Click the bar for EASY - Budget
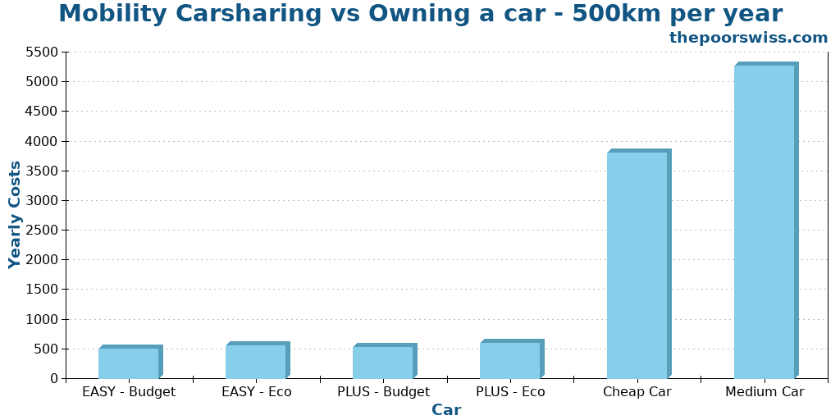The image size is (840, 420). tap(129, 363)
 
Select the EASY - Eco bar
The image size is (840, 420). tap(256, 361)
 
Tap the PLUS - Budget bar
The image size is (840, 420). tap(383, 362)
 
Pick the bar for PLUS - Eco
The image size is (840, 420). tap(510, 360)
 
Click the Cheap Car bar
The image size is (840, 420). tap(637, 265)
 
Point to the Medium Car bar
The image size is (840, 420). tap(765, 221)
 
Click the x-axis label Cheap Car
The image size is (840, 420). tap(637, 392)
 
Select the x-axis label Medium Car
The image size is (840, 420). tap(765, 392)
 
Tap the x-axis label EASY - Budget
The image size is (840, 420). tap(129, 392)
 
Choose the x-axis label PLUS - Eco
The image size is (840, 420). tap(510, 392)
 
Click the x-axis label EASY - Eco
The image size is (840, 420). tap(256, 392)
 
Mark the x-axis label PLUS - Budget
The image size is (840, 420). tap(383, 392)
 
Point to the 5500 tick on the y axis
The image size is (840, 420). tap(42, 52)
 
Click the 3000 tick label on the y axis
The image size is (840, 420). tap(42, 200)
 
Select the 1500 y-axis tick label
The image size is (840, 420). tap(42, 290)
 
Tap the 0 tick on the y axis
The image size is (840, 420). tap(54, 379)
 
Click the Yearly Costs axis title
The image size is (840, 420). tap(15, 215)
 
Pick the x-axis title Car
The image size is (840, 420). tap(446, 410)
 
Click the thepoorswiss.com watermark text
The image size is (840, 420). tap(748, 38)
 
